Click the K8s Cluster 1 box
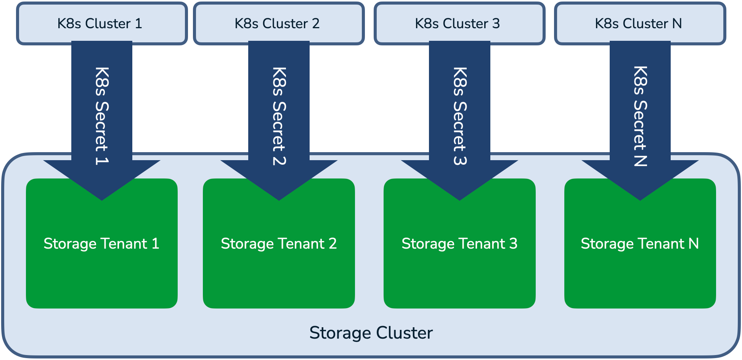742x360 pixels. [38, 24]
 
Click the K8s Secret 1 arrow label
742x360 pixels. [102, 116]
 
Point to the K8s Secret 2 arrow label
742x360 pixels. [279, 116]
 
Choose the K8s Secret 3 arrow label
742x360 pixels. [460, 116]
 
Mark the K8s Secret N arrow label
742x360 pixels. [640, 116]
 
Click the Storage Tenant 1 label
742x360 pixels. [101, 244]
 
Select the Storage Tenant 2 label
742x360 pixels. [279, 244]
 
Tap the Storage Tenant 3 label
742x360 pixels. [459, 244]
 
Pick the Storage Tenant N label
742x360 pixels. [640, 244]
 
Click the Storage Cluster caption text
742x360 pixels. [371, 333]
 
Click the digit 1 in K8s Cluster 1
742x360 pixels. [138, 24]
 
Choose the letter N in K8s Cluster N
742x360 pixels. [677, 24]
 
